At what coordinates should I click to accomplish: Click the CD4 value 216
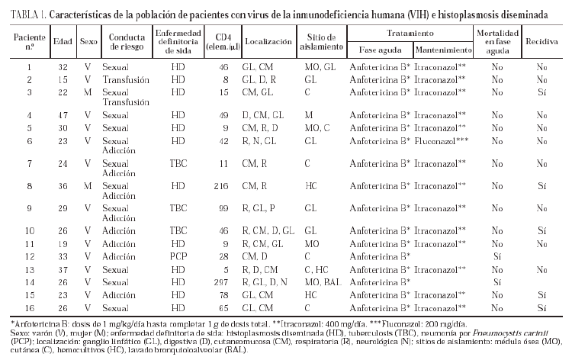(223, 185)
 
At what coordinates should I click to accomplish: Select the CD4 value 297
(223, 281)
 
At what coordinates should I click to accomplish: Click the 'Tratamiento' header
(410, 34)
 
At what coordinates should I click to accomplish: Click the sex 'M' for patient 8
(88, 185)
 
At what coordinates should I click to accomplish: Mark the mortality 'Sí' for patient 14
(497, 281)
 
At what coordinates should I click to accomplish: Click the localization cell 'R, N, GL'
(264, 140)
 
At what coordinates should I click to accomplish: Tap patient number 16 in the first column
(29, 306)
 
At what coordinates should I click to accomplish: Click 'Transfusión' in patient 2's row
(126, 79)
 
